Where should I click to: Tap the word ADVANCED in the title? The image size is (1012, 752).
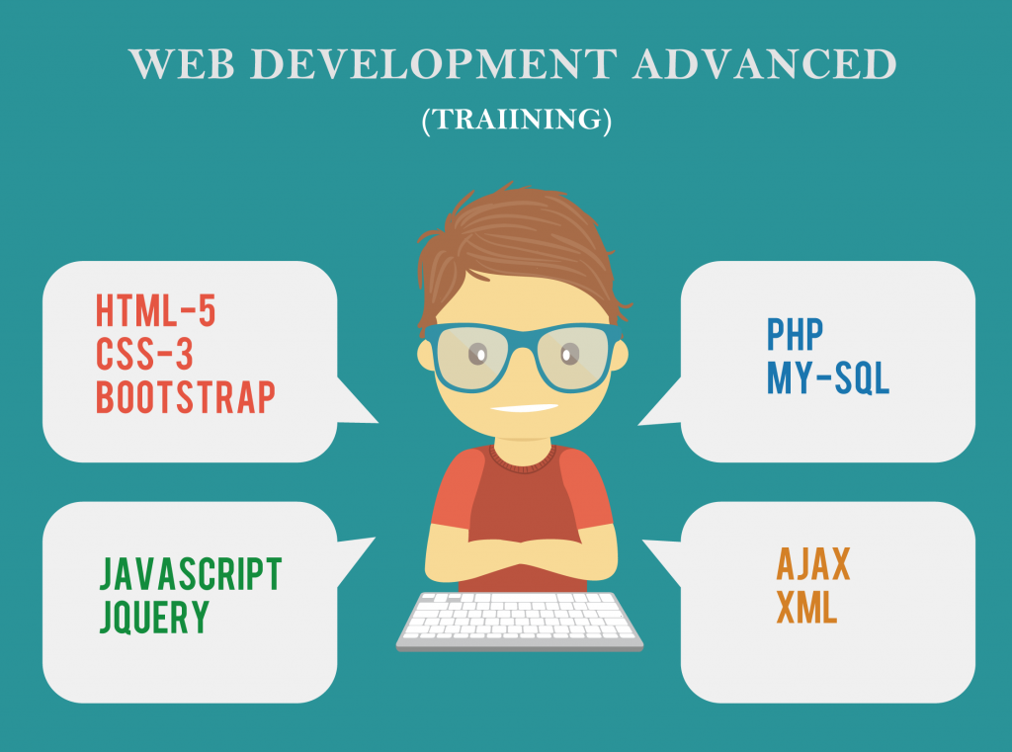point(765,64)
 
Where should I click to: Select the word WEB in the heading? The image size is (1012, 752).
point(182,64)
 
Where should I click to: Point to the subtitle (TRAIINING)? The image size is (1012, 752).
point(516,120)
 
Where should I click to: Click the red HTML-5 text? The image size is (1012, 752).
point(155,310)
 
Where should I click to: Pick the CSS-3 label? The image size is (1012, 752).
point(144,354)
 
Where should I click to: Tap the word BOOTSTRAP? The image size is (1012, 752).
point(186,397)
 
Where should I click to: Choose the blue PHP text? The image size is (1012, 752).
point(795,334)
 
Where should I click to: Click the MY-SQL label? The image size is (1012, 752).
point(828,377)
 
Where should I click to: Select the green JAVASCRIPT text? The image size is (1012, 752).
point(191,574)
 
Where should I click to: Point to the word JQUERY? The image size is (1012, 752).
point(155,617)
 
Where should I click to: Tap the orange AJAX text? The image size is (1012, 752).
point(813,564)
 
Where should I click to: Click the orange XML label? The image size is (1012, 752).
point(806,608)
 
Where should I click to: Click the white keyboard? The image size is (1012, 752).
point(520,622)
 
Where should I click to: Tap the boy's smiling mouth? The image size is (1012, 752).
point(524,408)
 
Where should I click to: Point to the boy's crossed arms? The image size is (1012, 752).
point(521,552)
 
